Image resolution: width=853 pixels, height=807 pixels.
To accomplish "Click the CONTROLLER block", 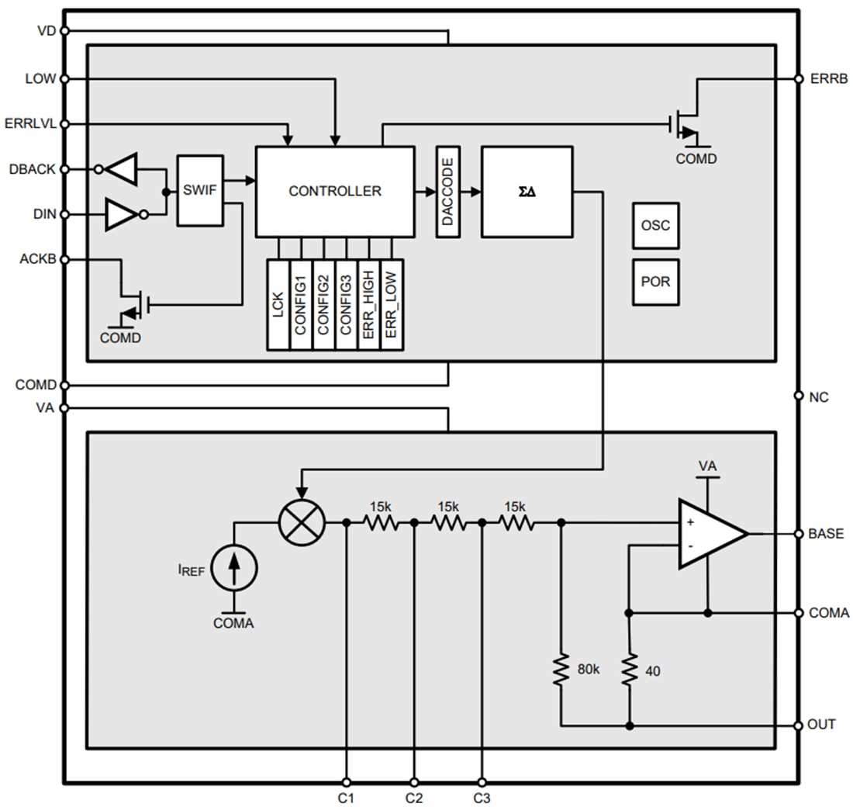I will tap(334, 191).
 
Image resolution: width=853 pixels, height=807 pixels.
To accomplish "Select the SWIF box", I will tap(199, 190).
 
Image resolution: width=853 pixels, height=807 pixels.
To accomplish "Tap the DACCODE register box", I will tap(448, 191).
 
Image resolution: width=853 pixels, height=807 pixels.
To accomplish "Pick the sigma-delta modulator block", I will tap(527, 191).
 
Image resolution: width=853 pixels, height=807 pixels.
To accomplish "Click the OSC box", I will tap(655, 226).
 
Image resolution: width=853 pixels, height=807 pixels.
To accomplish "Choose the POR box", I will tap(655, 282).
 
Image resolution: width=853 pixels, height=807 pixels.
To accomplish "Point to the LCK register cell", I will tap(278, 304).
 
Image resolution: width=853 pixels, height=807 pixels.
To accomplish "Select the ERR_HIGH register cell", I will tap(369, 304).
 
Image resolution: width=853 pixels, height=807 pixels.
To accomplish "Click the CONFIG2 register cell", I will tap(323, 304).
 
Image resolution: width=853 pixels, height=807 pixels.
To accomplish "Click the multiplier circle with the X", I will tap(302, 522).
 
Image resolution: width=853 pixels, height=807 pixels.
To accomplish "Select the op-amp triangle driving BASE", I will tap(710, 533).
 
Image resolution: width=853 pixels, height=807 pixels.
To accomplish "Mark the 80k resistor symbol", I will tap(561, 670).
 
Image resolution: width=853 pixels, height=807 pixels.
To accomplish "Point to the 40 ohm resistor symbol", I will tap(629, 670).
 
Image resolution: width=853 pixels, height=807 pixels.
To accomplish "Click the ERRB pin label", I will tap(828, 78).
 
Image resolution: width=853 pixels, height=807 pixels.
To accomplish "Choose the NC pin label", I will tap(818, 397).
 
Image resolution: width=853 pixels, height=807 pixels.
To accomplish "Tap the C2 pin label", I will tap(414, 797).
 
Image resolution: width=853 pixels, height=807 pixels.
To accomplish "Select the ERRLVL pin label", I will tap(30, 123).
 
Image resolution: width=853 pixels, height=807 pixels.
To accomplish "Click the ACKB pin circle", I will tap(64, 259).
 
